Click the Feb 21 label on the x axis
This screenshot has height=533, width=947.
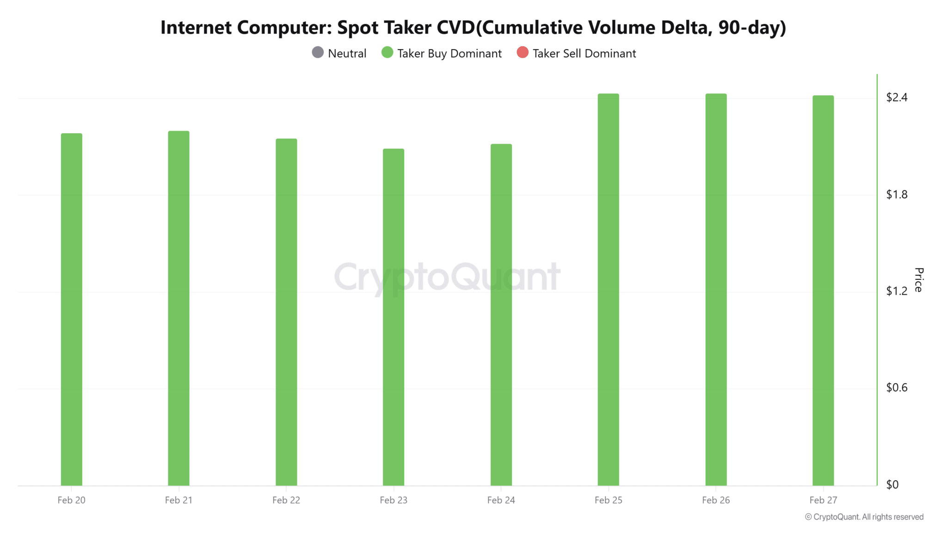pyautogui.click(x=178, y=500)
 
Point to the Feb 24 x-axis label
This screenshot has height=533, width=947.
pyautogui.click(x=501, y=500)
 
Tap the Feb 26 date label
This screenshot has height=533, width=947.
pyautogui.click(x=716, y=500)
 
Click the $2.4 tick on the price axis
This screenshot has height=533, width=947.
pyautogui.click(x=897, y=97)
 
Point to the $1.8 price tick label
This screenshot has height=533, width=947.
pyautogui.click(x=897, y=194)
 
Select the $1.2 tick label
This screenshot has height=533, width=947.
pyautogui.click(x=897, y=291)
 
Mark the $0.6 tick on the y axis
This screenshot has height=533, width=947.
pyautogui.click(x=897, y=387)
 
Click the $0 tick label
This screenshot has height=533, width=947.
pyautogui.click(x=892, y=484)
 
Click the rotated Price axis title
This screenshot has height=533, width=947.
pyautogui.click(x=919, y=279)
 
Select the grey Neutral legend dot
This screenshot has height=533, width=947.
pyautogui.click(x=318, y=53)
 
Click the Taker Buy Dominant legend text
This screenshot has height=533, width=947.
pyautogui.click(x=449, y=54)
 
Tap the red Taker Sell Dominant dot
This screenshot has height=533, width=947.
pyautogui.click(x=523, y=53)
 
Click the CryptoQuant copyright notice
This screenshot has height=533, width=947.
pyautogui.click(x=864, y=517)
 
